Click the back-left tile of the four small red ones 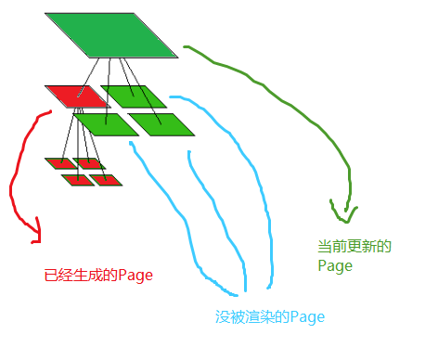[58, 163]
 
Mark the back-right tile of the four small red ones [91, 164]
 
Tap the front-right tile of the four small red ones [107, 179]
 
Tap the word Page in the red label [135, 276]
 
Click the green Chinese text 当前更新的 [354, 247]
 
